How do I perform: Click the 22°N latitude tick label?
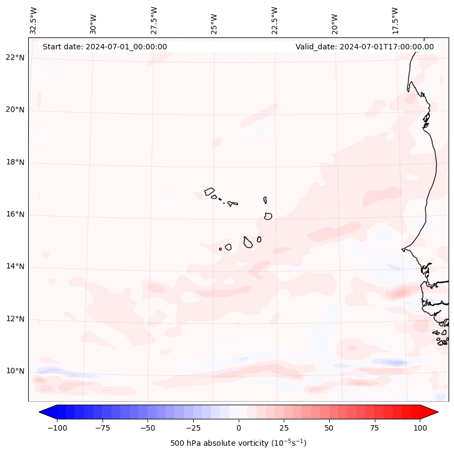point(14,58)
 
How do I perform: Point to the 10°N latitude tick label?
point(14,371)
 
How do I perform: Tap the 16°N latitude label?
point(14,215)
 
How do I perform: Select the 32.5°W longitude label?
point(34,21)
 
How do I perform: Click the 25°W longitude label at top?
point(214,21)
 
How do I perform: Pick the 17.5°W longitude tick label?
point(395,21)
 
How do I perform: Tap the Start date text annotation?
point(105,47)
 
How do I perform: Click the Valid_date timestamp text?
point(365,47)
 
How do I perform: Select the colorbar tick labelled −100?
point(57,428)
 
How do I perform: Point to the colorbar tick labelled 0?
point(238,428)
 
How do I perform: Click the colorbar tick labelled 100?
point(419,428)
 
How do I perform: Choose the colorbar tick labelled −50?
point(148,428)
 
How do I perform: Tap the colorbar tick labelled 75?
point(374,428)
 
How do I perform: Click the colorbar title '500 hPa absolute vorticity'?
point(238,443)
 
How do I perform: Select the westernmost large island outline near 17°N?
point(209,191)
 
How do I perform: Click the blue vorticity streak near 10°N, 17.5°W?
point(392,362)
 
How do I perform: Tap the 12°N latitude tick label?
point(14,319)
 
